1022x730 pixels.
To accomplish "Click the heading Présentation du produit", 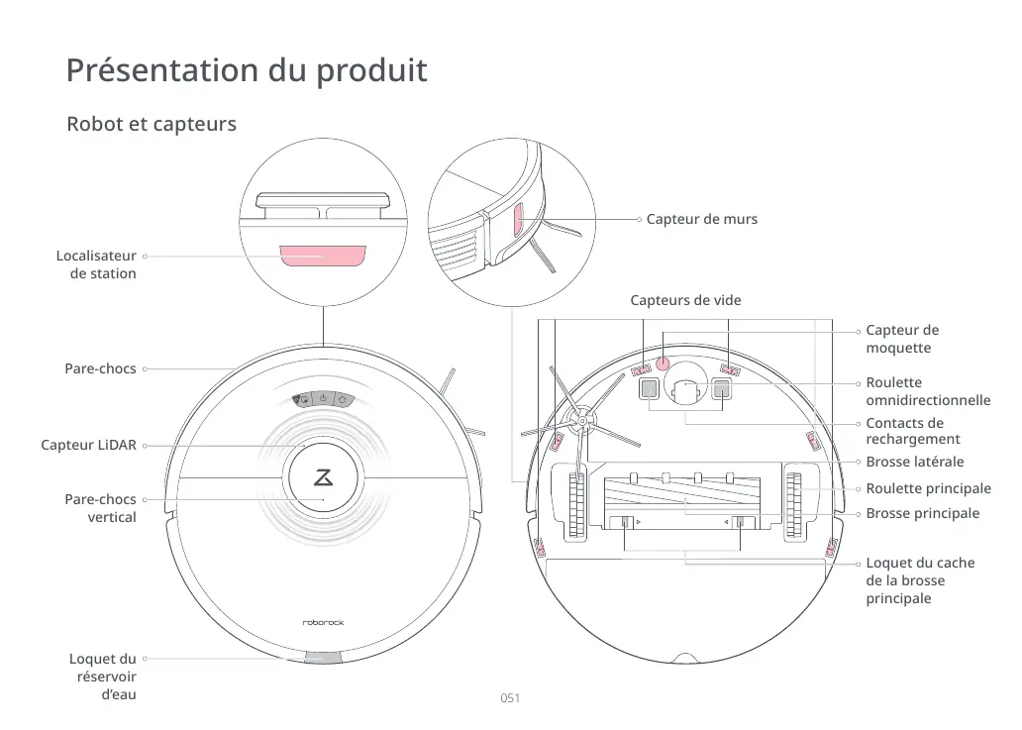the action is [x=247, y=71].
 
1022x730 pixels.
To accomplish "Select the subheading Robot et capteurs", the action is [x=151, y=125].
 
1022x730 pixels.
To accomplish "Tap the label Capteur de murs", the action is [x=701, y=219].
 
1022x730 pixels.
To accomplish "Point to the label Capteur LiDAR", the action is [x=88, y=446].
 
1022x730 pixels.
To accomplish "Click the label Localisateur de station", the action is [x=96, y=265].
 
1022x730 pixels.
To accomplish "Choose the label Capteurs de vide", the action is [x=685, y=300].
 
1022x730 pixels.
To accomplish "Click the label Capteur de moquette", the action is [x=902, y=339].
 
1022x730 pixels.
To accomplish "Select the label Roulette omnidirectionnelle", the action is [x=928, y=391].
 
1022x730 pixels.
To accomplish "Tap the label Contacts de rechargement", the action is [x=912, y=431].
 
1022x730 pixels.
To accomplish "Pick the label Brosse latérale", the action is [x=914, y=462].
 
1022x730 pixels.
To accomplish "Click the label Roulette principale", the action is [x=928, y=488].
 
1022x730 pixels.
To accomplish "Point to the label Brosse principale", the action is [x=922, y=513].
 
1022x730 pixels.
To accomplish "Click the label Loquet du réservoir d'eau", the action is [x=103, y=677].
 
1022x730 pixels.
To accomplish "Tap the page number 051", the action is [x=510, y=698].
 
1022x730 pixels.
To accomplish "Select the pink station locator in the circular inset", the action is [x=322, y=257].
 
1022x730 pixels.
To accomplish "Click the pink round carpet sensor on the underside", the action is [x=663, y=364].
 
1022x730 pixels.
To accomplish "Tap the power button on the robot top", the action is [x=323, y=399].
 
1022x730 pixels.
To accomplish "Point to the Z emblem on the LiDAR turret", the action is [x=323, y=476].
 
